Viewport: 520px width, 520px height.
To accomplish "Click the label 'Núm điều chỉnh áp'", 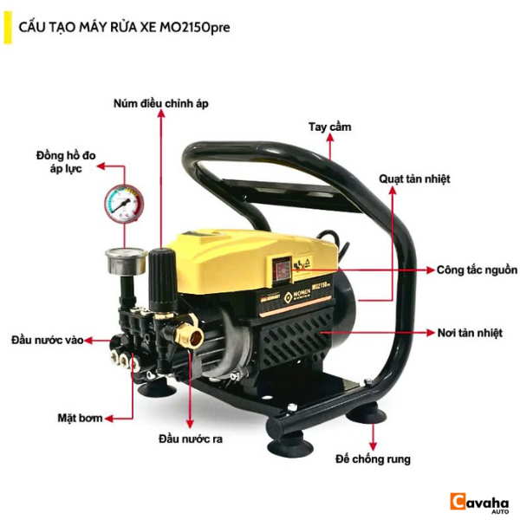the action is [161, 103].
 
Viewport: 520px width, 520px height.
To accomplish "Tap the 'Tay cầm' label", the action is [329, 127].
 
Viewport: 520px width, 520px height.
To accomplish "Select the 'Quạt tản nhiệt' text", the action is [414, 179].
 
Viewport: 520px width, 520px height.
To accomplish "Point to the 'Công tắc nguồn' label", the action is [477, 270].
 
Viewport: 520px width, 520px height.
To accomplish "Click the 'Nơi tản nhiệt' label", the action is [470, 333].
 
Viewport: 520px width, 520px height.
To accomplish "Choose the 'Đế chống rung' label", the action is [373, 459].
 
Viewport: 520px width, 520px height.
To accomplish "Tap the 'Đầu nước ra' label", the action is [191, 439].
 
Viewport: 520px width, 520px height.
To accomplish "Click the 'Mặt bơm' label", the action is [80, 418].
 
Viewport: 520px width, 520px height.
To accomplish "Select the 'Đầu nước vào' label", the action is [47, 341].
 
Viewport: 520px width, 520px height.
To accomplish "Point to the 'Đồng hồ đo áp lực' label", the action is [66, 162].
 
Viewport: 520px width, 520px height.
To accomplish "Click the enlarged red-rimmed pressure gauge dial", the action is [124, 204].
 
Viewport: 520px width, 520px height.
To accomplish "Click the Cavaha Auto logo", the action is [479, 502].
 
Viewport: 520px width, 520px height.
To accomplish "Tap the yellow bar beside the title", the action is [8, 28].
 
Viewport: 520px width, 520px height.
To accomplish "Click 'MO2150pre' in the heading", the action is [195, 27].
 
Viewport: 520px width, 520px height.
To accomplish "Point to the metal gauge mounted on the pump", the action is [127, 262].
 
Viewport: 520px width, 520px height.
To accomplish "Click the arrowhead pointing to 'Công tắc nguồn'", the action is [430, 270].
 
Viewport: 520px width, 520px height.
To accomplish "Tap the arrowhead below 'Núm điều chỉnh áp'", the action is [161, 114].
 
